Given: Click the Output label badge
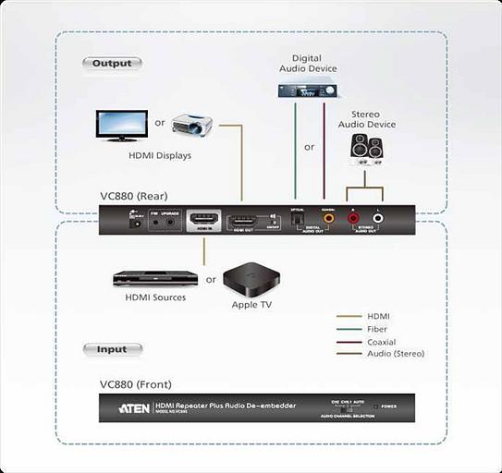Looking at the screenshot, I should (x=112, y=64).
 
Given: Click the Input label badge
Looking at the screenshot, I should (x=112, y=350).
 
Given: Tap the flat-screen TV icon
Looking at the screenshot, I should (x=121, y=126).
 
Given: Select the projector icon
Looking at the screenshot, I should (x=192, y=125).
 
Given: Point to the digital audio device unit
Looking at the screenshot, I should (x=308, y=90).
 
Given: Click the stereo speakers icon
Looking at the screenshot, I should (x=365, y=148).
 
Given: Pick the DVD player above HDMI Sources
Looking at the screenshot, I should (x=155, y=277).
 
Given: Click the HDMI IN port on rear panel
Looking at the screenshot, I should (x=203, y=222).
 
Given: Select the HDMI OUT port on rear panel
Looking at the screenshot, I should (x=242, y=222).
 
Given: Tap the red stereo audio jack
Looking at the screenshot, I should (x=353, y=221).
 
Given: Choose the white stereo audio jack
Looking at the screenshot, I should (x=377, y=221).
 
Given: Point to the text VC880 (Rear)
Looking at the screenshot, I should (x=137, y=197).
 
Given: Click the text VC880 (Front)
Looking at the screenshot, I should (x=135, y=383).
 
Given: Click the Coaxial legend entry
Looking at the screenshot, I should (x=381, y=342).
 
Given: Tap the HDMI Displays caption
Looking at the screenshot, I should (x=160, y=156).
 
